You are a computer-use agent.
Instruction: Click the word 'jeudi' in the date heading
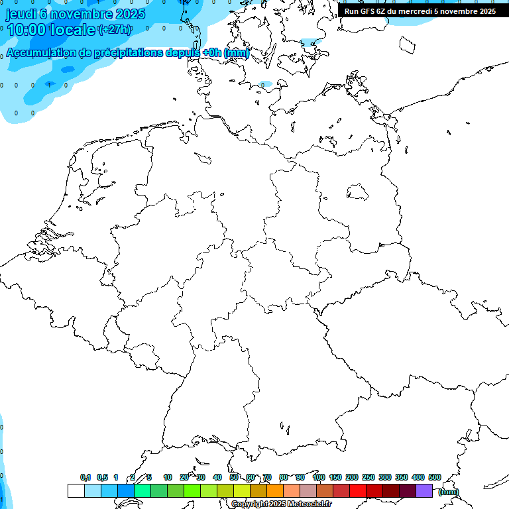point(21,13)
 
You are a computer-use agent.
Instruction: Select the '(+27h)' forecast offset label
point(115,30)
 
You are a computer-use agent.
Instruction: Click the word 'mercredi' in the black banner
point(415,11)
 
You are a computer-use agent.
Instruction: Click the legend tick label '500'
point(434,477)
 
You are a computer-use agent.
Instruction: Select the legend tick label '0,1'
point(85,477)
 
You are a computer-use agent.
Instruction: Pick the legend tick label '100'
point(318,477)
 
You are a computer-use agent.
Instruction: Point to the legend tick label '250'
point(368,477)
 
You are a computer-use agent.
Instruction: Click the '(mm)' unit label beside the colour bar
point(448,492)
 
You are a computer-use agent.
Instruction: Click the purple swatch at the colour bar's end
point(424,491)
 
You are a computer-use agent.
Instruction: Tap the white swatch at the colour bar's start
point(76,491)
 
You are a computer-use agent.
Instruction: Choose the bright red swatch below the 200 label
point(358,491)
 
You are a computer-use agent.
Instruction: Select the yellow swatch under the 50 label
point(242,491)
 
